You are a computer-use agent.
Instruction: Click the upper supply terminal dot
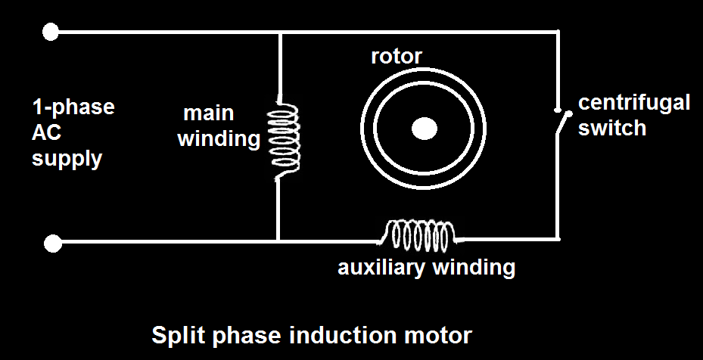pyautogui.click(x=51, y=32)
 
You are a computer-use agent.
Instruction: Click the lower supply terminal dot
pyautogui.click(x=52, y=243)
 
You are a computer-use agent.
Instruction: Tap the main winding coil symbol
pyautogui.click(x=286, y=139)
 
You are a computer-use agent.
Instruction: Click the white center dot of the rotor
pyautogui.click(x=424, y=129)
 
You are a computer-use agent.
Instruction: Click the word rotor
pyautogui.click(x=396, y=57)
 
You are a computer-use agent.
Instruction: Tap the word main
pyautogui.click(x=209, y=114)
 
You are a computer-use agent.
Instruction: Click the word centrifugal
pyautogui.click(x=634, y=103)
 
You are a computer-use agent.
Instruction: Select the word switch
pyautogui.click(x=612, y=127)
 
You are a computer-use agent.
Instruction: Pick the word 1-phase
pyautogui.click(x=73, y=107)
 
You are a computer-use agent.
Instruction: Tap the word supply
pyautogui.click(x=67, y=159)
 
